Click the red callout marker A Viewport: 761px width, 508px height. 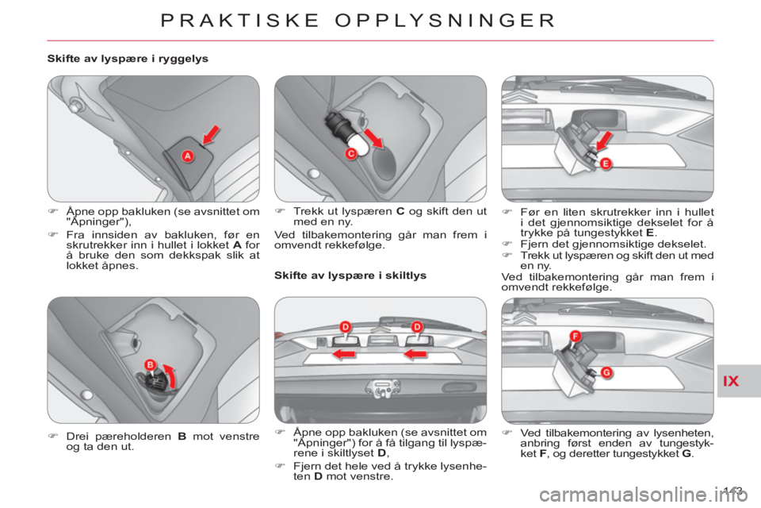(187, 156)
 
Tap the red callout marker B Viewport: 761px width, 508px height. (151, 365)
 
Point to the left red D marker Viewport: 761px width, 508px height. (345, 326)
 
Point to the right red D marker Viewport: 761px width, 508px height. (417, 326)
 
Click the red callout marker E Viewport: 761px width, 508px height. (606, 164)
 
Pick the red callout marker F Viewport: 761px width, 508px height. (576, 336)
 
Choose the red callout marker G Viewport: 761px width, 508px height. (606, 373)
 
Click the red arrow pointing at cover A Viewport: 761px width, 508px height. (211, 135)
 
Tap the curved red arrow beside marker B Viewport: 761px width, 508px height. (170, 375)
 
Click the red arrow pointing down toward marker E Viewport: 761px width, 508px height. (604, 141)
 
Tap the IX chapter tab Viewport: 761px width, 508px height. (730, 381)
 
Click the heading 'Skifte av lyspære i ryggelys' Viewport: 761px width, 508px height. (128, 59)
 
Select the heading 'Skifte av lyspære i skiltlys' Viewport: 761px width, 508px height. (350, 275)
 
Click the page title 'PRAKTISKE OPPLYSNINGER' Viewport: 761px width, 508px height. (358, 21)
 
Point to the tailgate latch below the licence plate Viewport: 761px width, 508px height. (384, 388)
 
